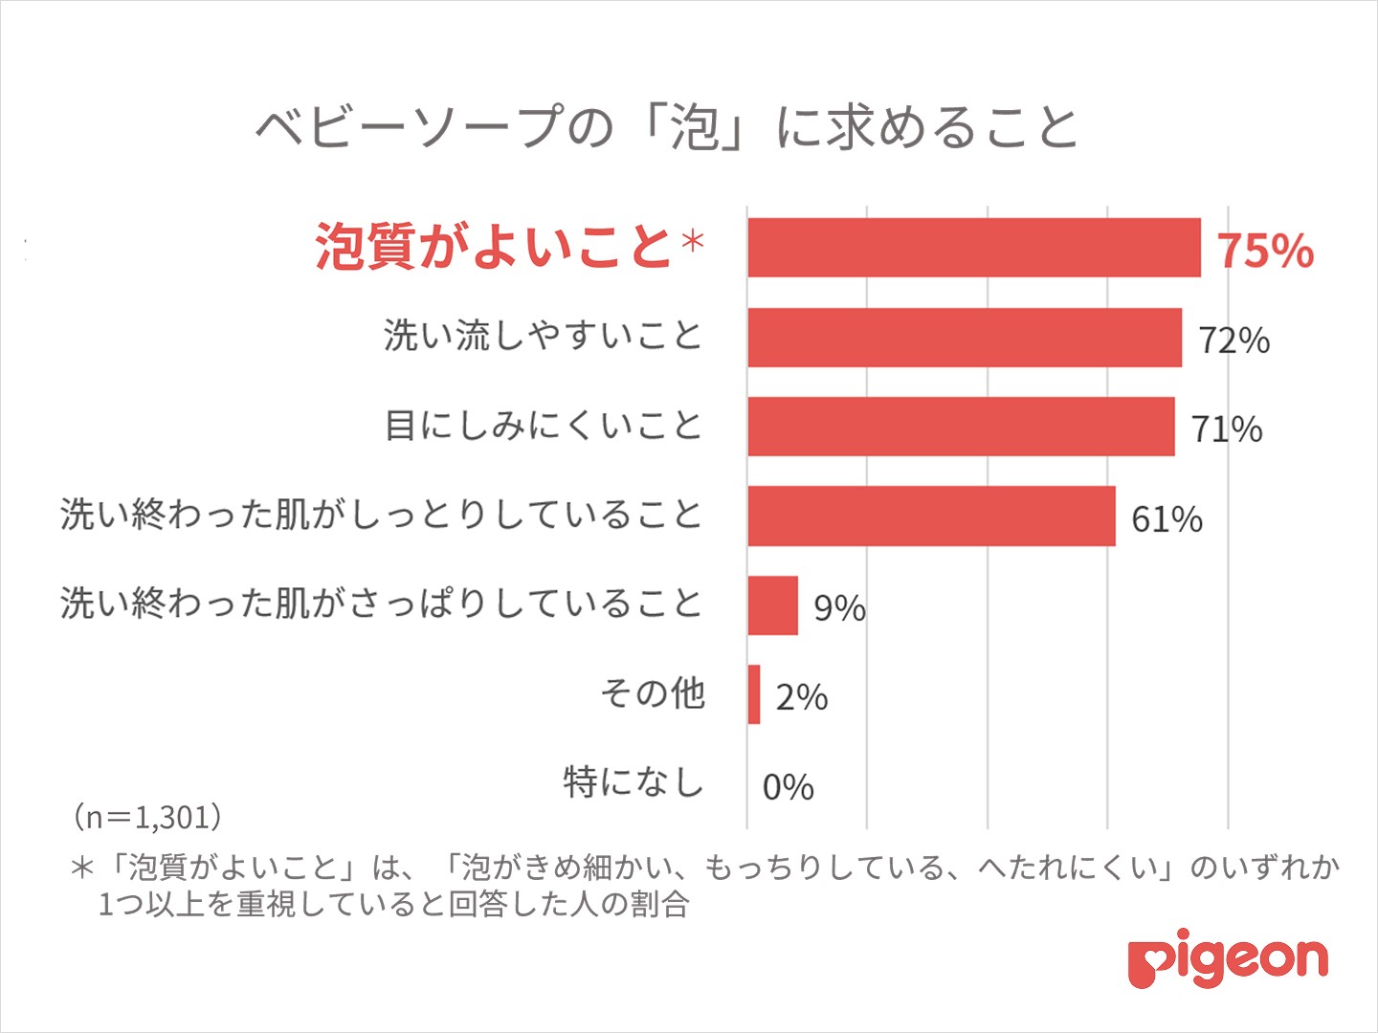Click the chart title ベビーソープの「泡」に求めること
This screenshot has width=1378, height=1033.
[x=667, y=127]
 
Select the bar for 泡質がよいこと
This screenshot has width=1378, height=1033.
[x=973, y=248]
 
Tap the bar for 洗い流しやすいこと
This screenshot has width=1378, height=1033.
[x=964, y=338]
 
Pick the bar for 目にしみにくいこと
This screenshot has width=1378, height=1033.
[x=960, y=427]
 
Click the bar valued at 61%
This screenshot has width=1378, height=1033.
[x=931, y=516]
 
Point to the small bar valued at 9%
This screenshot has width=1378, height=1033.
[x=772, y=605]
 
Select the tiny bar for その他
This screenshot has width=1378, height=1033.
[x=754, y=694]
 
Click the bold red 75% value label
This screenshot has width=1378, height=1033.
[x=1265, y=251]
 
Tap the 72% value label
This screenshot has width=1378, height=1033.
[x=1234, y=341]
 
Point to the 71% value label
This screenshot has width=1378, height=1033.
[x=1227, y=429]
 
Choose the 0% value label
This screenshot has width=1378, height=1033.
[x=789, y=787]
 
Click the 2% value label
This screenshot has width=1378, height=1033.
[x=802, y=697]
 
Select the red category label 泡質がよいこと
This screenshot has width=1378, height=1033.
[x=493, y=246]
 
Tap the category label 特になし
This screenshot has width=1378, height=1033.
[x=633, y=781]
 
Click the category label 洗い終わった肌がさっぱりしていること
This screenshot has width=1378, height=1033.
[x=381, y=604]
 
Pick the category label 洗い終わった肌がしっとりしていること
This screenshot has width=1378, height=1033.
[x=381, y=515]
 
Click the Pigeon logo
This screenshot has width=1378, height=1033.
[x=1228, y=959]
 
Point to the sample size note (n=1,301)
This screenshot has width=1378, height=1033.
[x=148, y=816]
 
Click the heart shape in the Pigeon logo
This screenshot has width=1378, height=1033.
[x=1145, y=961]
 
